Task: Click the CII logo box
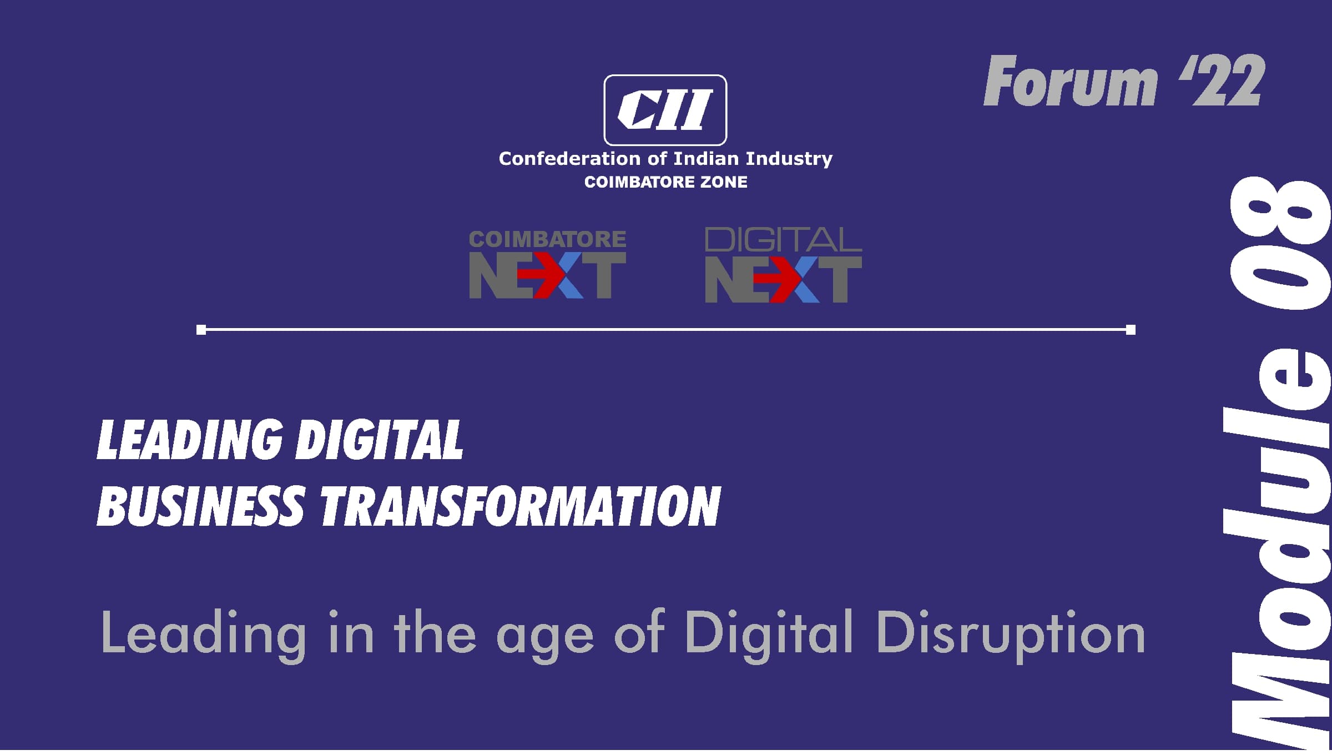click(x=665, y=110)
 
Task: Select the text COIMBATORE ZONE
click(x=665, y=182)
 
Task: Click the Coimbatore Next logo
click(x=548, y=265)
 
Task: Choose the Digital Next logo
click(x=783, y=265)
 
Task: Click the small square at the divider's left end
click(x=201, y=330)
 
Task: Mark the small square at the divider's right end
click(x=1131, y=330)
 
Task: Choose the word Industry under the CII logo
click(x=789, y=159)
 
